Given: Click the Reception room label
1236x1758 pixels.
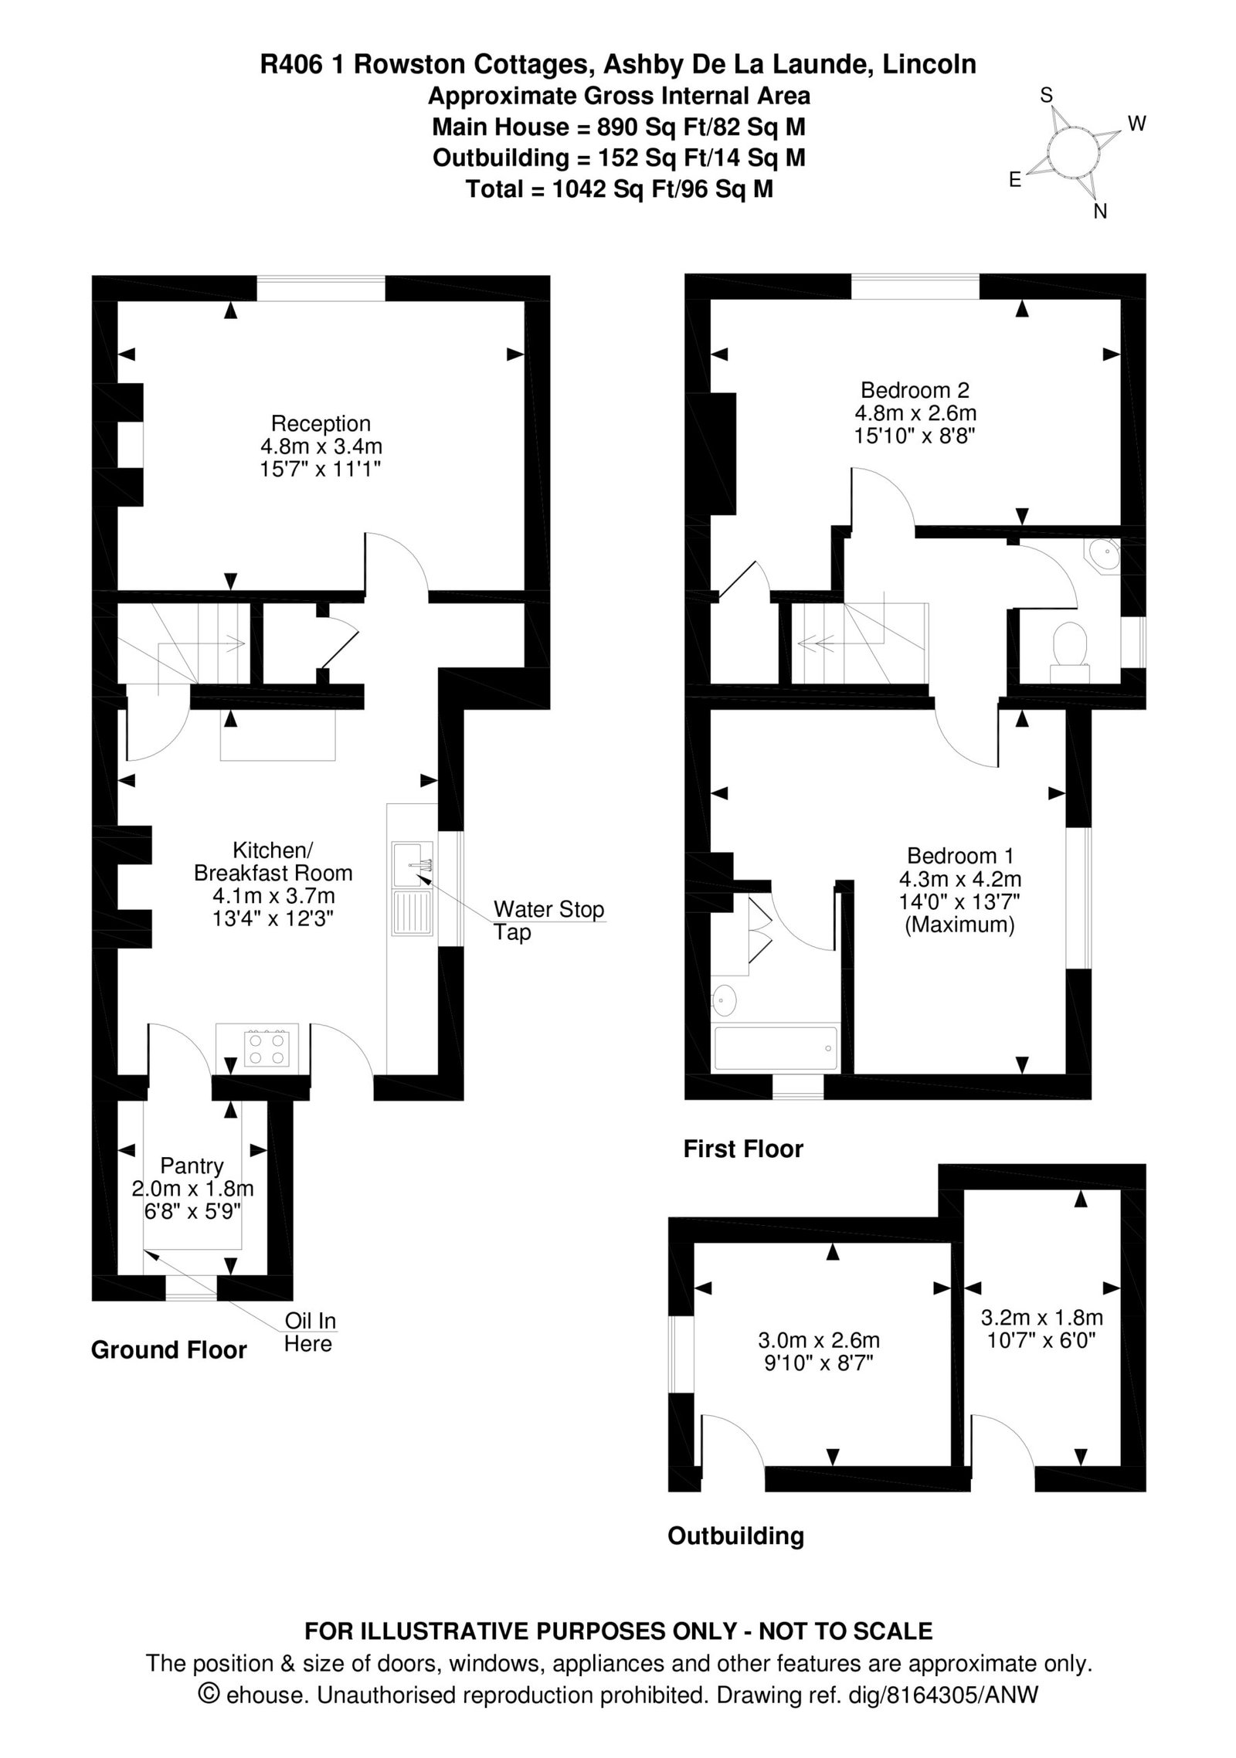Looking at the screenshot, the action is click(x=321, y=423).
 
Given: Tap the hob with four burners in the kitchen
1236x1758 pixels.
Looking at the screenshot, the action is click(x=267, y=1047).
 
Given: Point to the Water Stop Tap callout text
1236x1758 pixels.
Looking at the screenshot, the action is click(x=548, y=920).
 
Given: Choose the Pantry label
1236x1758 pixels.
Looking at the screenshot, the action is click(x=192, y=1165).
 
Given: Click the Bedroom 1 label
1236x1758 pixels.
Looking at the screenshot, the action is click(x=960, y=856).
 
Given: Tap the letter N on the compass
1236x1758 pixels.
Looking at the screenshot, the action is click(x=1100, y=211).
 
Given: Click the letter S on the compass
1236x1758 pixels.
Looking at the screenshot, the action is click(x=1047, y=95).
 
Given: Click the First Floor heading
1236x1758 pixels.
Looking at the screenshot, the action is click(x=743, y=1149).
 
